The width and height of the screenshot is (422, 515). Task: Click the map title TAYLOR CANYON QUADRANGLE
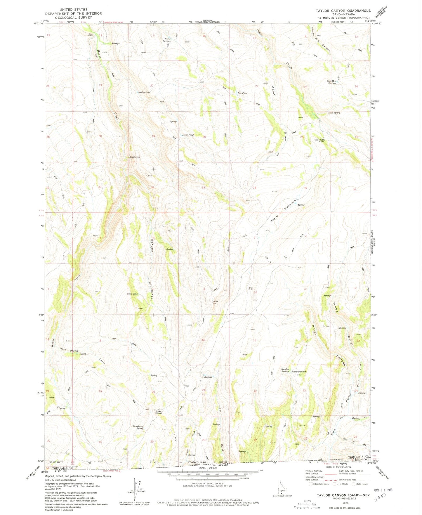343,11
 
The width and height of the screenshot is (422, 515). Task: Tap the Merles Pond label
144,93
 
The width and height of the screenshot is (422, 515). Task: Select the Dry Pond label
242,93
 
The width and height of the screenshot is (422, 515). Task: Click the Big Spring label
135,157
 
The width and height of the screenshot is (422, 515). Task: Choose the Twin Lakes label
132,294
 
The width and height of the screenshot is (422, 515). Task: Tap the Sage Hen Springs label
331,82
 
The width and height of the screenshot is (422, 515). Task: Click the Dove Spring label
334,113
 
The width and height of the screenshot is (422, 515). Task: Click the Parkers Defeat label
159,412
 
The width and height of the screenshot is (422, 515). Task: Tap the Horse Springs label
167,40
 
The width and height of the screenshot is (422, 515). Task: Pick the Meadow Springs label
285,370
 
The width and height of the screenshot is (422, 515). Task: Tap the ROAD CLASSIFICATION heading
336,467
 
